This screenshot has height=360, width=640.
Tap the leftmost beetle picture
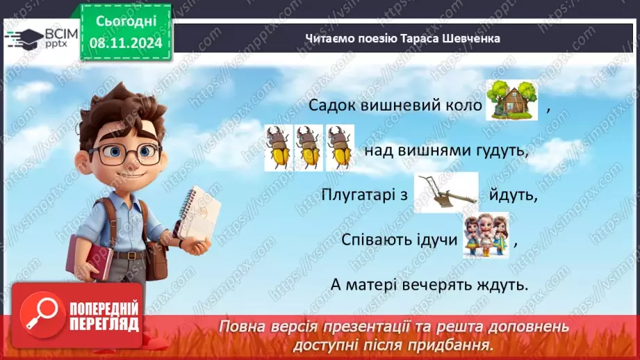278,147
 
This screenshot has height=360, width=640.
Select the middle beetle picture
309,147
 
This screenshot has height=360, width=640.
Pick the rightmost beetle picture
339,147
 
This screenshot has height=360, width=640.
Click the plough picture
445,193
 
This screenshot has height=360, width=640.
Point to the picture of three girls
486,236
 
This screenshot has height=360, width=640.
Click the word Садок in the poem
329,106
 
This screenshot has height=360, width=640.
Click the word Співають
377,240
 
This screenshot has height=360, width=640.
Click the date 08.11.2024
125,44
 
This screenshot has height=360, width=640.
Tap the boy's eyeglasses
125,152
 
